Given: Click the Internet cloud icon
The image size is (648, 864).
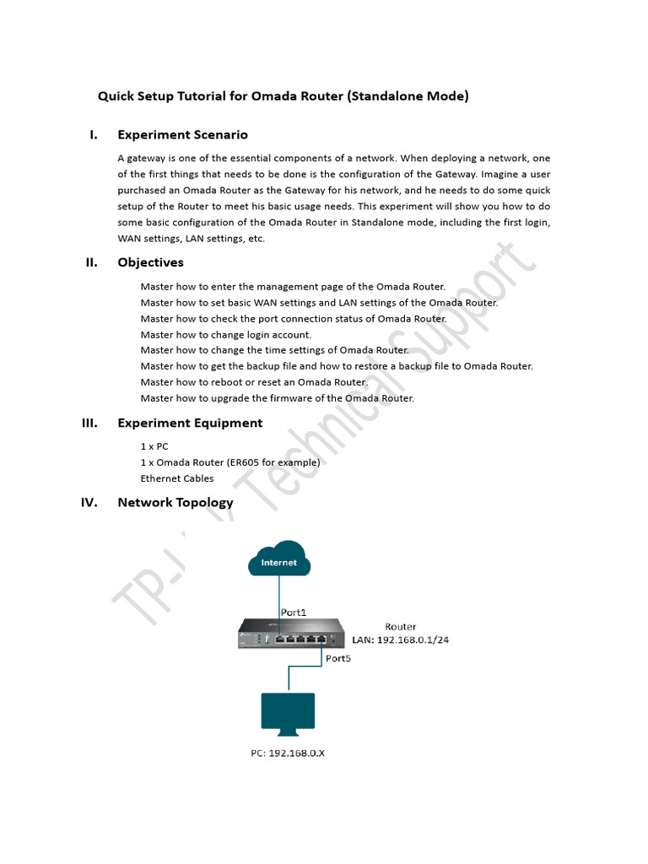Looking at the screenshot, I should (278, 561).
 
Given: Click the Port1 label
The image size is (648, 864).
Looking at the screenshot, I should (294, 612).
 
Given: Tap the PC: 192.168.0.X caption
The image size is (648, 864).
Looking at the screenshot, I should (287, 753).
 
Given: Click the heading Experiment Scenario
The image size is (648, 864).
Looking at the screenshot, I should (182, 134).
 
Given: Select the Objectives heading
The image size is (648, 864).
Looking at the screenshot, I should (150, 262).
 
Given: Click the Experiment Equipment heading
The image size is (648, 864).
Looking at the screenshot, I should (190, 423).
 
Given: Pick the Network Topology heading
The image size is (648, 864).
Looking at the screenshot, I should (175, 502).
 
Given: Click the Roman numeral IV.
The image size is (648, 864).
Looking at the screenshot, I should (89, 502).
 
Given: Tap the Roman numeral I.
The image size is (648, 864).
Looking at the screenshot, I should (94, 134).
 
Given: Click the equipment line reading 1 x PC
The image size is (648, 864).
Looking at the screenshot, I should (154, 446).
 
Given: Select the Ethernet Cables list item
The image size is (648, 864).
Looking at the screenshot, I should (177, 478).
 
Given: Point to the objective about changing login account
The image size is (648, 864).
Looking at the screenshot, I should (225, 335).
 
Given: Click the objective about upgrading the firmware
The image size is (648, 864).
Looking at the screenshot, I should (277, 398).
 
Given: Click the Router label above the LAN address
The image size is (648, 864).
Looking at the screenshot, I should (400, 626).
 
